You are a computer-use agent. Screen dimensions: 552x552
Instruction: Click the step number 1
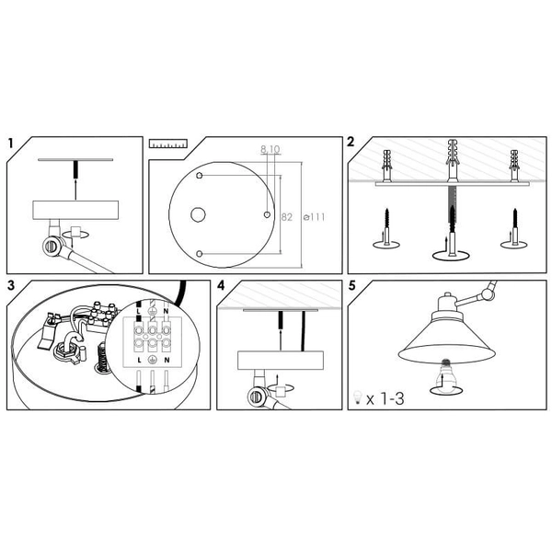pos(10,144)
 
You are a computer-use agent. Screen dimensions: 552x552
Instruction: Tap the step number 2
pos(351,142)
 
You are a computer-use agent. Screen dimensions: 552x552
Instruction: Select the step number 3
pos(11,285)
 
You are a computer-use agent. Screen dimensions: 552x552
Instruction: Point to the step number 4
pos(221,285)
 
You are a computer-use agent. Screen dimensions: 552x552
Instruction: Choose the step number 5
pos(352,285)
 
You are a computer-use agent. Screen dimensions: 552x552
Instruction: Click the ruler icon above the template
pos(168,144)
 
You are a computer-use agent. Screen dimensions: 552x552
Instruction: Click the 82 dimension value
pos(287,217)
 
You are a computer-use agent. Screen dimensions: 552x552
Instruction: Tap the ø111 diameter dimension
pos(315,217)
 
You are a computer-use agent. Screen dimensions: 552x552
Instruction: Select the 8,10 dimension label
pos(270,149)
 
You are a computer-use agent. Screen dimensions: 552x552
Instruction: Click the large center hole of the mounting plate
pos(198,214)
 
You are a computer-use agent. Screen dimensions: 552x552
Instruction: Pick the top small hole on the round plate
pos(200,176)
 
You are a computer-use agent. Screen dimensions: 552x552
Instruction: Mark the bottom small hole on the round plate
pos(200,254)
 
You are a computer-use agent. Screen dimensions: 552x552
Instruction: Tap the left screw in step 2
pos(387,227)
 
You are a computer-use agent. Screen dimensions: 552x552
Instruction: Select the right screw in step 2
pos(514,227)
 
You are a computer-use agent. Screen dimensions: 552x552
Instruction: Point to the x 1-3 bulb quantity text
pos(385,399)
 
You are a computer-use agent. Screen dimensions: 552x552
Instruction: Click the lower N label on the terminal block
pos(167,360)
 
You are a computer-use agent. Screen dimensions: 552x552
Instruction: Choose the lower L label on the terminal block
pos(140,360)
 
